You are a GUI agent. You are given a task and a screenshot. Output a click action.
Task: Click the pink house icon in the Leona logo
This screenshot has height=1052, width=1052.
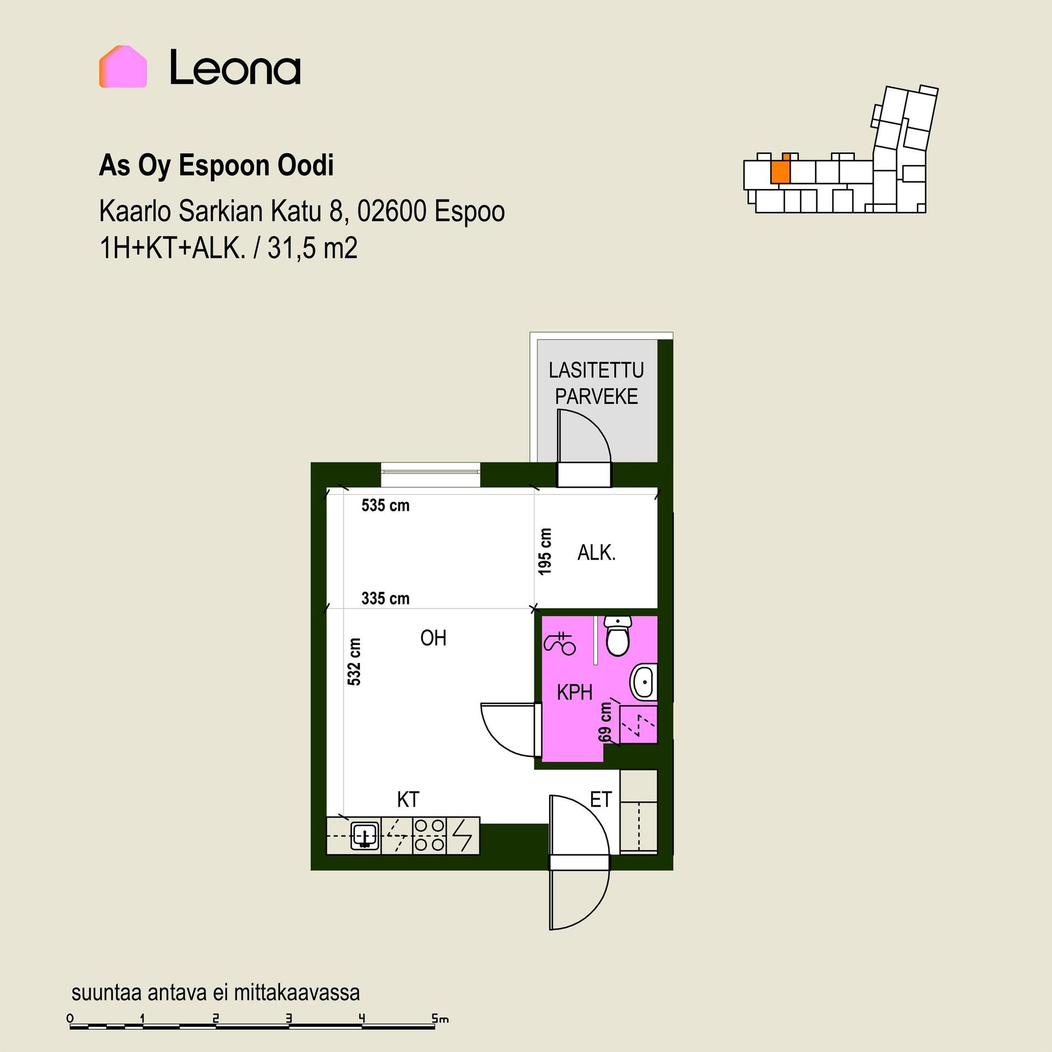click(x=123, y=67)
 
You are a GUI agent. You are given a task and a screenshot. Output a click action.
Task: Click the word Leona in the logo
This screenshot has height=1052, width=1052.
click(x=235, y=67)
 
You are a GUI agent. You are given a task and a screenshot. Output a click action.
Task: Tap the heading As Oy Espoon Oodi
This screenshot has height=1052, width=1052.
click(x=216, y=166)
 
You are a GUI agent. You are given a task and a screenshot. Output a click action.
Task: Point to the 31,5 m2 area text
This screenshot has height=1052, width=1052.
click(x=313, y=248)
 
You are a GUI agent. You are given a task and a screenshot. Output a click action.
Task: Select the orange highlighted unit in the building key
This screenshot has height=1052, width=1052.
click(x=781, y=170)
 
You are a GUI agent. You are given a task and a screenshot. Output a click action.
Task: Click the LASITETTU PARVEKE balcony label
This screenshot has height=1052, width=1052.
click(x=596, y=384)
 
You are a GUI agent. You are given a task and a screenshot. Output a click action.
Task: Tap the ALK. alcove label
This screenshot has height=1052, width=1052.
click(x=597, y=553)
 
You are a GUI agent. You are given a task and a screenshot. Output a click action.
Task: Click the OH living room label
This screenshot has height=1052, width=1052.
click(x=433, y=638)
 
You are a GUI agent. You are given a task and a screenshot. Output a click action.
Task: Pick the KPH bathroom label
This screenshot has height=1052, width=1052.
click(x=575, y=693)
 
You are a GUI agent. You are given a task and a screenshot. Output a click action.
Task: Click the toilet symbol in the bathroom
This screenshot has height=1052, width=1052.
click(x=619, y=636)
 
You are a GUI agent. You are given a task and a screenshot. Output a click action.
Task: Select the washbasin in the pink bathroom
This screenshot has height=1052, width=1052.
click(x=644, y=683)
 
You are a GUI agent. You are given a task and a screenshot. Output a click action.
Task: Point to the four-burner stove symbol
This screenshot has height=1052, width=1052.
click(x=430, y=835)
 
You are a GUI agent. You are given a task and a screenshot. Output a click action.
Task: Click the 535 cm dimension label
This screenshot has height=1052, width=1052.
click(x=385, y=505)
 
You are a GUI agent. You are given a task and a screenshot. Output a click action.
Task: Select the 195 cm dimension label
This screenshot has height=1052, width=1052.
click(x=545, y=552)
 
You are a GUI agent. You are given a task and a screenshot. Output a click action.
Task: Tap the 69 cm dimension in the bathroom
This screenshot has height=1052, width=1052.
click(x=605, y=722)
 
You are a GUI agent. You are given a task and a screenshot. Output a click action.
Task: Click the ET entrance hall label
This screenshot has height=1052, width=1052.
click(x=601, y=800)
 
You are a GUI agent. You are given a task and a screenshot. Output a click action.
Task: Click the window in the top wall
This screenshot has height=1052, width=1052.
click(x=431, y=474)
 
